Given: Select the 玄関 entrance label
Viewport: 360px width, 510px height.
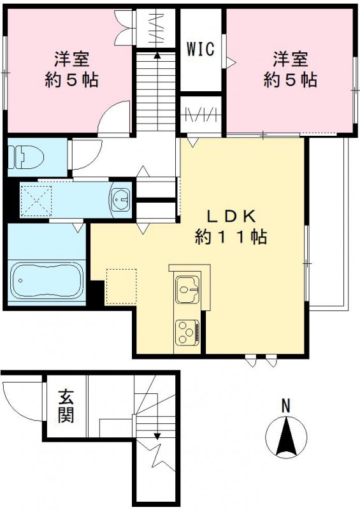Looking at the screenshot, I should coord(66,406).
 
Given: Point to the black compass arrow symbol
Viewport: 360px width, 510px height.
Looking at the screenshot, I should coord(286,437).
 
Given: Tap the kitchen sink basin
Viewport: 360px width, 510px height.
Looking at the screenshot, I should coord(188,290).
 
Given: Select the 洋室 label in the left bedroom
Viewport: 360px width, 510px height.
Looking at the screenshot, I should coord(71,61).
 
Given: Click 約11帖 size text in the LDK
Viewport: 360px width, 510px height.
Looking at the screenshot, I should coord(230,237).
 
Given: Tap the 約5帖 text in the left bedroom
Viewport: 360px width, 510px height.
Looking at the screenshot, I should coord(71,81).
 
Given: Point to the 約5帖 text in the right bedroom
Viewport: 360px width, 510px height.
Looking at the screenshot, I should coord(291,81).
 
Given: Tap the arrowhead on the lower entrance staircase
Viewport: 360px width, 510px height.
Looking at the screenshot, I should coord(157,435).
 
